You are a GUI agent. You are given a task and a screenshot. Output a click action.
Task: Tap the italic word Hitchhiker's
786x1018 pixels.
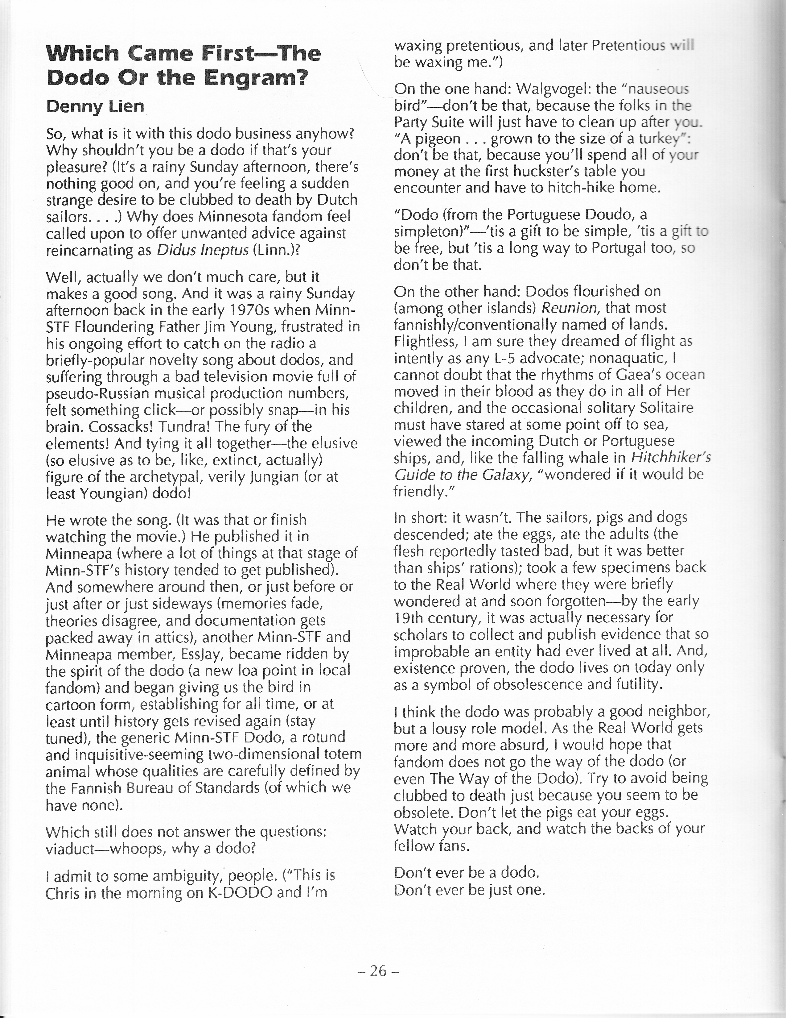click(670, 458)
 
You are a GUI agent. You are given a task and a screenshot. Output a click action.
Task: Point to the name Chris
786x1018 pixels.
click(63, 893)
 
